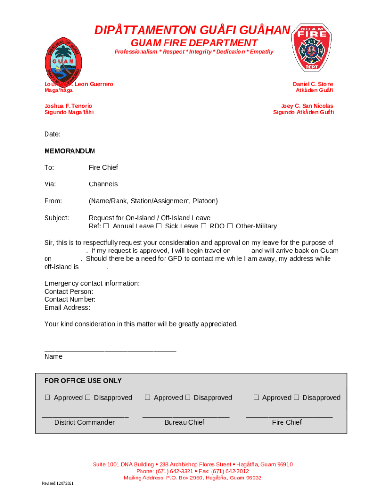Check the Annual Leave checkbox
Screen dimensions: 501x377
[x=106, y=226]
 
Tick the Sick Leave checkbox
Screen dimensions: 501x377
[x=159, y=226]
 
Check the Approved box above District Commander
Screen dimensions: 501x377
[x=47, y=398]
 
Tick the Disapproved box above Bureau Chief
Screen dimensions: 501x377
[x=188, y=398]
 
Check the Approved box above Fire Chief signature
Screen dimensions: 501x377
[x=256, y=398]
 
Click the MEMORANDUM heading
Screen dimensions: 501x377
[x=70, y=151]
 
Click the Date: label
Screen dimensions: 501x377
[x=52, y=134]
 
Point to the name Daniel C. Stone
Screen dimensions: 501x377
[x=313, y=84]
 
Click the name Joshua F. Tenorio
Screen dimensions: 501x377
[x=68, y=106]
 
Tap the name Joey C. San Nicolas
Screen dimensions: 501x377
[x=307, y=106]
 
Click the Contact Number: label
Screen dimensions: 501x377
[x=70, y=299]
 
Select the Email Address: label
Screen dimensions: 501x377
[x=67, y=308]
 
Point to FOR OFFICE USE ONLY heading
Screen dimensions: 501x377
[x=83, y=381]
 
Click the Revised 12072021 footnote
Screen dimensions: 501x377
[x=58, y=484]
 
